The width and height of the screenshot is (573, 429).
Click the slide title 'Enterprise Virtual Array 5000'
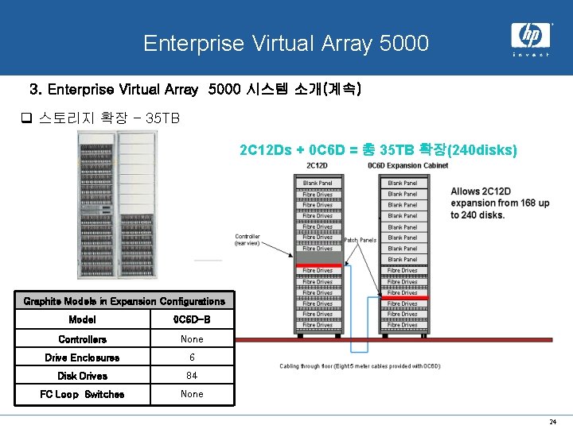coord(286,43)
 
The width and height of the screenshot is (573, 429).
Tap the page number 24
coord(553,421)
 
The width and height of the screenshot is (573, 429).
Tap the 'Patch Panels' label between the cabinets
coord(360,240)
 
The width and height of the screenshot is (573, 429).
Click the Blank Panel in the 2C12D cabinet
coord(318,184)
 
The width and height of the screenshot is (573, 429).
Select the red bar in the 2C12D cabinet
coord(318,265)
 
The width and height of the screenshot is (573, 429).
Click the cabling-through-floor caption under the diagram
coord(359,366)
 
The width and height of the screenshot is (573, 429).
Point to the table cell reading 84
coord(192,376)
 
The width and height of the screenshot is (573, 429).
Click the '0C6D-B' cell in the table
coord(192,320)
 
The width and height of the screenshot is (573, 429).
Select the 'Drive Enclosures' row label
coord(82,358)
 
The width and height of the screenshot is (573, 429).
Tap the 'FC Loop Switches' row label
coord(82,394)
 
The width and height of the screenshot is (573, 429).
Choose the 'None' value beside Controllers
coord(192,339)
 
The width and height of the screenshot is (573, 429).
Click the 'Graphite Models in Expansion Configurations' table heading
coord(124,301)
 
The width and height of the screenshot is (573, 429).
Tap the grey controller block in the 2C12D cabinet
coord(318,257)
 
